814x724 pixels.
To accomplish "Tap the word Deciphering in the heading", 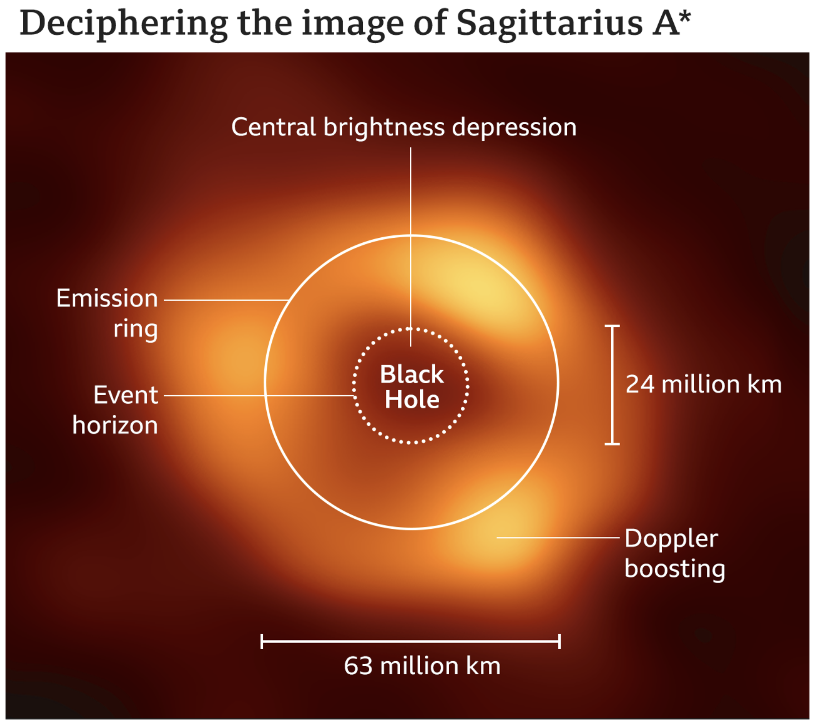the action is click(124, 24).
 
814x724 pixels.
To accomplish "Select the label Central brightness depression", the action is click(403, 127).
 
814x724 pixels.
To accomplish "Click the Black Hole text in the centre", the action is click(412, 387).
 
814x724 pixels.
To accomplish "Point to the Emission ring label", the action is click(107, 314).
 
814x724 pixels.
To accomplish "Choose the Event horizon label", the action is click(115, 410).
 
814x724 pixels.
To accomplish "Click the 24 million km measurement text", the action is click(703, 385).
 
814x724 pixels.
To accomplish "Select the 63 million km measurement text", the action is click(422, 666).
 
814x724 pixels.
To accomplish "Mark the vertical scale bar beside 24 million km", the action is click(612, 385).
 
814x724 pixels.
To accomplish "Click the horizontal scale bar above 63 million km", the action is click(411, 642).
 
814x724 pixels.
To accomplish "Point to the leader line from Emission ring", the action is click(227, 300).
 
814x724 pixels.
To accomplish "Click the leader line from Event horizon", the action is click(260, 396).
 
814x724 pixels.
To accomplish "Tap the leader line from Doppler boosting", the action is click(558, 537).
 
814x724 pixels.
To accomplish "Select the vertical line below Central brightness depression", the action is click(411, 247).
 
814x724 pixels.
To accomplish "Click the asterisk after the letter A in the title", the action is click(684, 17).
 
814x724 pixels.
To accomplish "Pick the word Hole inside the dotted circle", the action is click(412, 400).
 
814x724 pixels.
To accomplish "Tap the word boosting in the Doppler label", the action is click(675, 570).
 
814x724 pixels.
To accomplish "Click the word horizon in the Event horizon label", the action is click(115, 425).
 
